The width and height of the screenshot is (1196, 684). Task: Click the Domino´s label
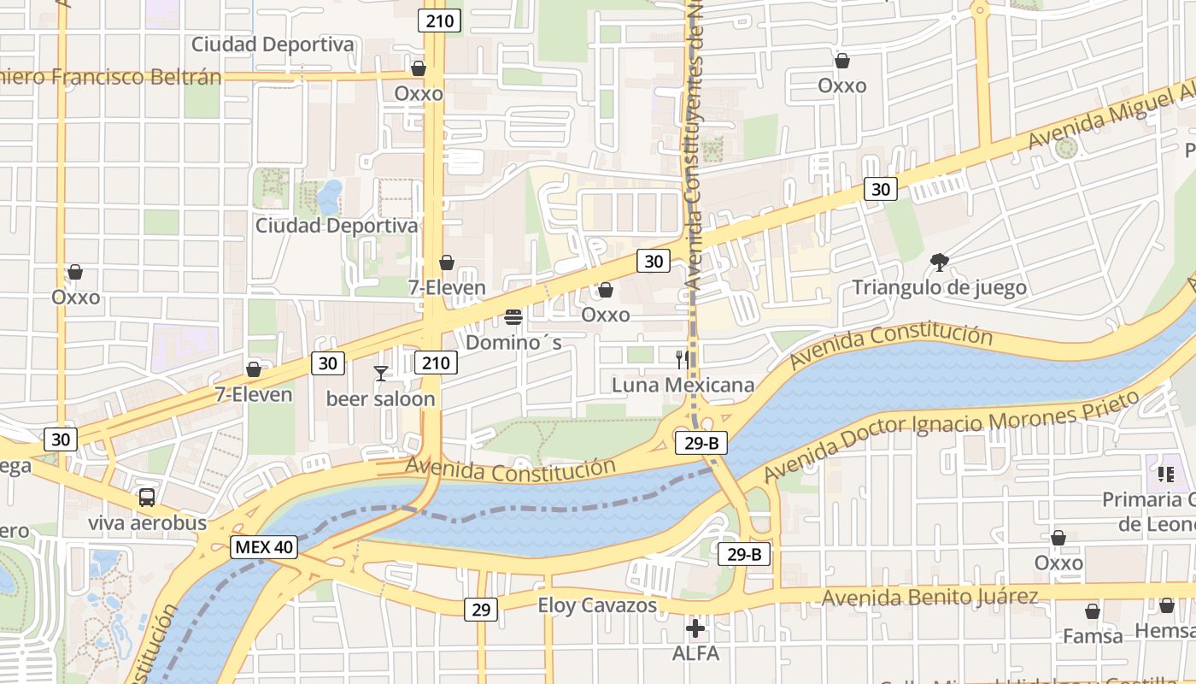point(513,343)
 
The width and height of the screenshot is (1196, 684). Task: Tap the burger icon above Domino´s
point(513,317)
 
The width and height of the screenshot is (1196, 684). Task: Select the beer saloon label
point(381,398)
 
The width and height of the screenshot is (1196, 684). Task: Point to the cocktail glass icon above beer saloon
point(381,374)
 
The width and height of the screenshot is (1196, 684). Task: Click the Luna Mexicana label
point(683,385)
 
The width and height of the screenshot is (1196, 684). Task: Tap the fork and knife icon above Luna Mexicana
point(683,359)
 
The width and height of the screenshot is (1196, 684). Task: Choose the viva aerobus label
point(147,522)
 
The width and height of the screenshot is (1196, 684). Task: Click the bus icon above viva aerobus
point(147,497)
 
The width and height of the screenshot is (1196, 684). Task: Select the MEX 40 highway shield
point(264,547)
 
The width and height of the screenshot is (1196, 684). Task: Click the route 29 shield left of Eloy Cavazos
point(481,609)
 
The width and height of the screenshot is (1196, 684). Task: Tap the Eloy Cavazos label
point(597,605)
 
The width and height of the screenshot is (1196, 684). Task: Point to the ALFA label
point(695,654)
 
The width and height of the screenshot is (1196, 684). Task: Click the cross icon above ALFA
point(695,629)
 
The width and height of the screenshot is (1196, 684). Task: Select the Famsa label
point(1093,636)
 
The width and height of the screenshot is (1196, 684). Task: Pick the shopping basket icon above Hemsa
point(1167,606)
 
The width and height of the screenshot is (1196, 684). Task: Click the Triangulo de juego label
point(940,287)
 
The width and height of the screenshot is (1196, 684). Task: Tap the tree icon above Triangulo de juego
point(940,262)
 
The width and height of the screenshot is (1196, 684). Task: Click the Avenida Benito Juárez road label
point(930,596)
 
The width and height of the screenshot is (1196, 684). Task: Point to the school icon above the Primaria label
point(1166,474)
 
